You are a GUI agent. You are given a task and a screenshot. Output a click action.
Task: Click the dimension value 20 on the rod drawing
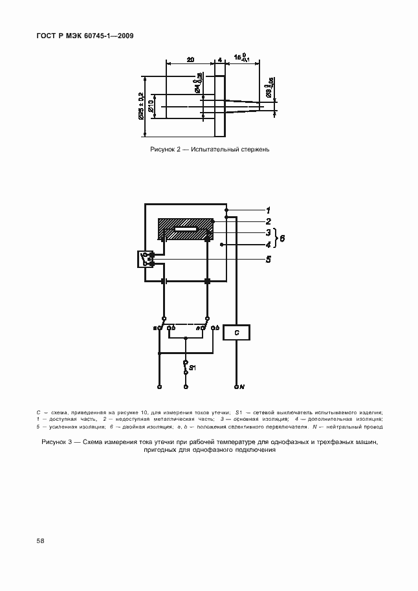coord(190,60)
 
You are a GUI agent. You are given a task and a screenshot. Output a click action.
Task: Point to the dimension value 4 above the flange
coord(220,60)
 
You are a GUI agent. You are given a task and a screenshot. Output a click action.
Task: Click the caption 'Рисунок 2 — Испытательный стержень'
coord(208,150)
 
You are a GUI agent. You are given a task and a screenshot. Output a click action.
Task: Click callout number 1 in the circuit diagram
coord(267,210)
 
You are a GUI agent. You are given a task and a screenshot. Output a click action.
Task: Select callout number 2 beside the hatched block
coord(267,221)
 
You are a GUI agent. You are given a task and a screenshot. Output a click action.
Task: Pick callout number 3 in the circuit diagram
coord(267,232)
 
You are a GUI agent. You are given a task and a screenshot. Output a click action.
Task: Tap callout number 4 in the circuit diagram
coord(267,245)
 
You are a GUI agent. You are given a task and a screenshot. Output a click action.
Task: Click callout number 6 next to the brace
coord(283,238)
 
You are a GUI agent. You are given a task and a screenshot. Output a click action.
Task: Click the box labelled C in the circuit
coord(237,332)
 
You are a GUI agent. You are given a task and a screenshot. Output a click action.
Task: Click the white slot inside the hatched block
coord(186,229)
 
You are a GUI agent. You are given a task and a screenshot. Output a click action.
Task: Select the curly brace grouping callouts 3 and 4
coord(276,238)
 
